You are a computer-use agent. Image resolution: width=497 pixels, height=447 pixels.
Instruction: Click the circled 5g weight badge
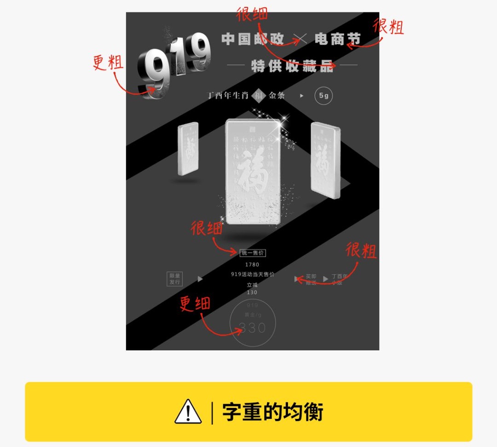(324, 96)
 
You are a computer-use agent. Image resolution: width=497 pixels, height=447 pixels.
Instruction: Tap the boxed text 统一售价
(253, 253)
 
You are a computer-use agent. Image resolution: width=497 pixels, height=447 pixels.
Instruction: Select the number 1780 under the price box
(252, 265)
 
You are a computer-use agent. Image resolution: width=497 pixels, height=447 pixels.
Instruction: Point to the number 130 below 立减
(252, 292)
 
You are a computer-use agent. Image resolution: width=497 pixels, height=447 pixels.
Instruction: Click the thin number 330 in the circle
(252, 328)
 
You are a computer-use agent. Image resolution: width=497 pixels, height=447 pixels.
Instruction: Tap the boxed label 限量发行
(175, 279)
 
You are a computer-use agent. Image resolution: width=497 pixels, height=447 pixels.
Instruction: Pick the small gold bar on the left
(188, 148)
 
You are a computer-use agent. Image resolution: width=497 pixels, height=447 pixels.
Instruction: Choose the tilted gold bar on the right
(325, 160)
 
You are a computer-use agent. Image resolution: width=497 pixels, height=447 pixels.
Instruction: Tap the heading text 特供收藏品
(292, 65)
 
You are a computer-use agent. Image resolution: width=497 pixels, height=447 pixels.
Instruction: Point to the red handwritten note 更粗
(108, 62)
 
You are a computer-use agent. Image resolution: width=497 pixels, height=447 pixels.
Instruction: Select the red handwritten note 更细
(195, 304)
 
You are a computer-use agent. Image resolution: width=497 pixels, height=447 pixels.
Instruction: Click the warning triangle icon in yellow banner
(188, 412)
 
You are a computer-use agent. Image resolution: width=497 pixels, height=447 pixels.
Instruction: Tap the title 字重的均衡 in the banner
(272, 412)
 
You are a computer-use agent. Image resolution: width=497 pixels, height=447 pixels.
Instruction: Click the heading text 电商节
(337, 40)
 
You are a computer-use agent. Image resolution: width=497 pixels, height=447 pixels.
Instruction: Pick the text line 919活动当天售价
(252, 274)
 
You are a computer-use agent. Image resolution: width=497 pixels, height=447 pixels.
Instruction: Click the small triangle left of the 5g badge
(302, 96)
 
